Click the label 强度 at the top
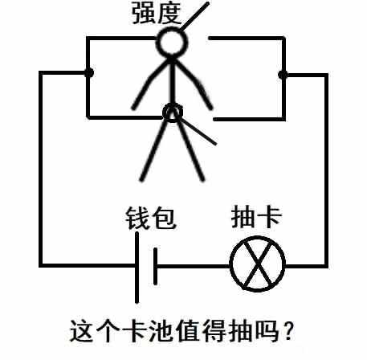(157, 13)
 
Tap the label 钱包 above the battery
(150, 219)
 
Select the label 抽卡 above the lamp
(256, 217)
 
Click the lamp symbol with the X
(258, 264)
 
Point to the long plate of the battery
(137, 268)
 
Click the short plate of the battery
(155, 266)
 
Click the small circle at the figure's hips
(173, 112)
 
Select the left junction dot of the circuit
(89, 72)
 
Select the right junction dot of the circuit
(283, 75)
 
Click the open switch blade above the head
(195, 16)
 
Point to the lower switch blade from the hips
(198, 132)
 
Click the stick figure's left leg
(155, 150)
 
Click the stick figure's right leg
(191, 150)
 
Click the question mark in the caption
(288, 330)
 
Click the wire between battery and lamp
(194, 267)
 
